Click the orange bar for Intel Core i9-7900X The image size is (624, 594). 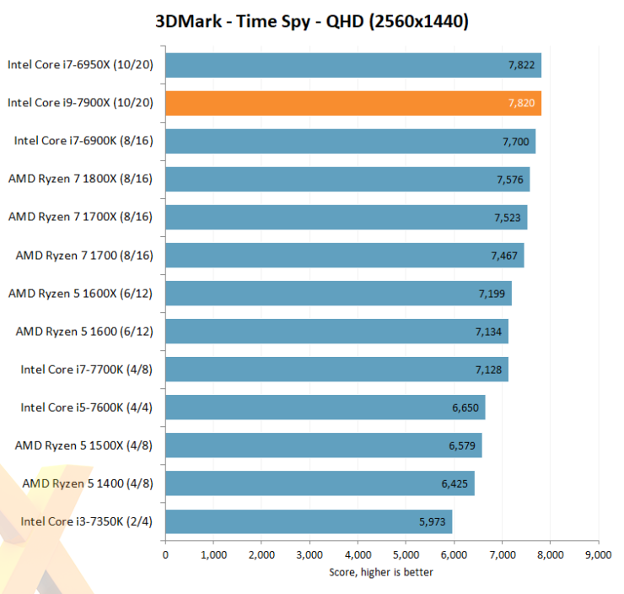click(x=352, y=103)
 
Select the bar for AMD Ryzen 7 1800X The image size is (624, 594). click(x=347, y=179)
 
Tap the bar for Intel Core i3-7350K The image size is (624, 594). click(x=308, y=521)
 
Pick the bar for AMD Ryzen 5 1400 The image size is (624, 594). click(x=320, y=483)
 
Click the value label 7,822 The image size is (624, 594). click(x=520, y=65)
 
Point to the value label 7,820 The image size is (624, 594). click(x=520, y=103)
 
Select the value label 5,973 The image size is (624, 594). click(x=432, y=521)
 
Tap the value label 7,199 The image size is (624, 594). click(x=491, y=293)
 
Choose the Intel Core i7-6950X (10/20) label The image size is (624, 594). click(x=80, y=65)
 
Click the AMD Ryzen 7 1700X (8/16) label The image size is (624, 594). click(x=80, y=217)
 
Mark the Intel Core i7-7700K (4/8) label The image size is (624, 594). click(x=87, y=369)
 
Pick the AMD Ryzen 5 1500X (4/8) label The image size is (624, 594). click(x=83, y=445)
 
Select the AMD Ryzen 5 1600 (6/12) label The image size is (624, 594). click(x=83, y=331)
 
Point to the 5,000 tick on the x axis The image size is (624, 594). click(x=406, y=555)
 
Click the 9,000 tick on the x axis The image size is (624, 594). click(x=598, y=555)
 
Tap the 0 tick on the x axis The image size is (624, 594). click(x=165, y=555)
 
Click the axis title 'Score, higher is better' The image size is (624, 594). click(x=381, y=572)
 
